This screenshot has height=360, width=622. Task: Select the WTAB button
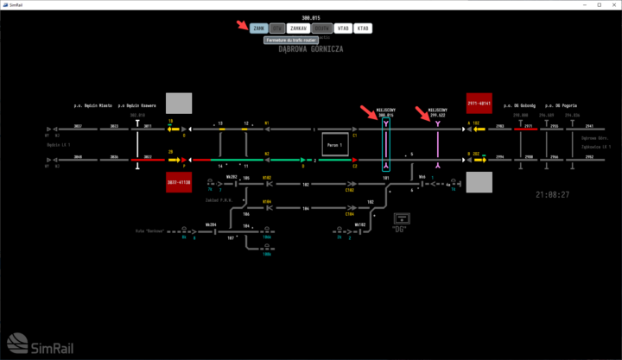[x=343, y=28]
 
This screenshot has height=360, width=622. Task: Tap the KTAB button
[x=363, y=28]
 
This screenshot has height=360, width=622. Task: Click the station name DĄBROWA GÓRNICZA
[x=310, y=50]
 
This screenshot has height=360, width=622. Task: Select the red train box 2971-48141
[x=479, y=103]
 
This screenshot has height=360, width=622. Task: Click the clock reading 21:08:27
[x=553, y=195]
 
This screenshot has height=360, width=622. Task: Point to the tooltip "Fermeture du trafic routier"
[x=292, y=40]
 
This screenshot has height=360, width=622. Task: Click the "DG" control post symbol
[x=402, y=220]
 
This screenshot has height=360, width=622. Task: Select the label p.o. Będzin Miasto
[x=92, y=105]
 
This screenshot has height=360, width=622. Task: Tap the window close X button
[x=610, y=4]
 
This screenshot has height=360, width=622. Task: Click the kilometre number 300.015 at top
[x=311, y=17]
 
